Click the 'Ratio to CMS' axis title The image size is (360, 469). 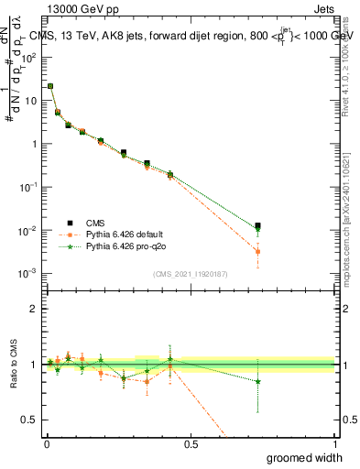tap(13, 365)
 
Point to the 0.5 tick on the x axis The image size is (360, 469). tap(191, 443)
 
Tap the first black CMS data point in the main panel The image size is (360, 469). tap(49, 86)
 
